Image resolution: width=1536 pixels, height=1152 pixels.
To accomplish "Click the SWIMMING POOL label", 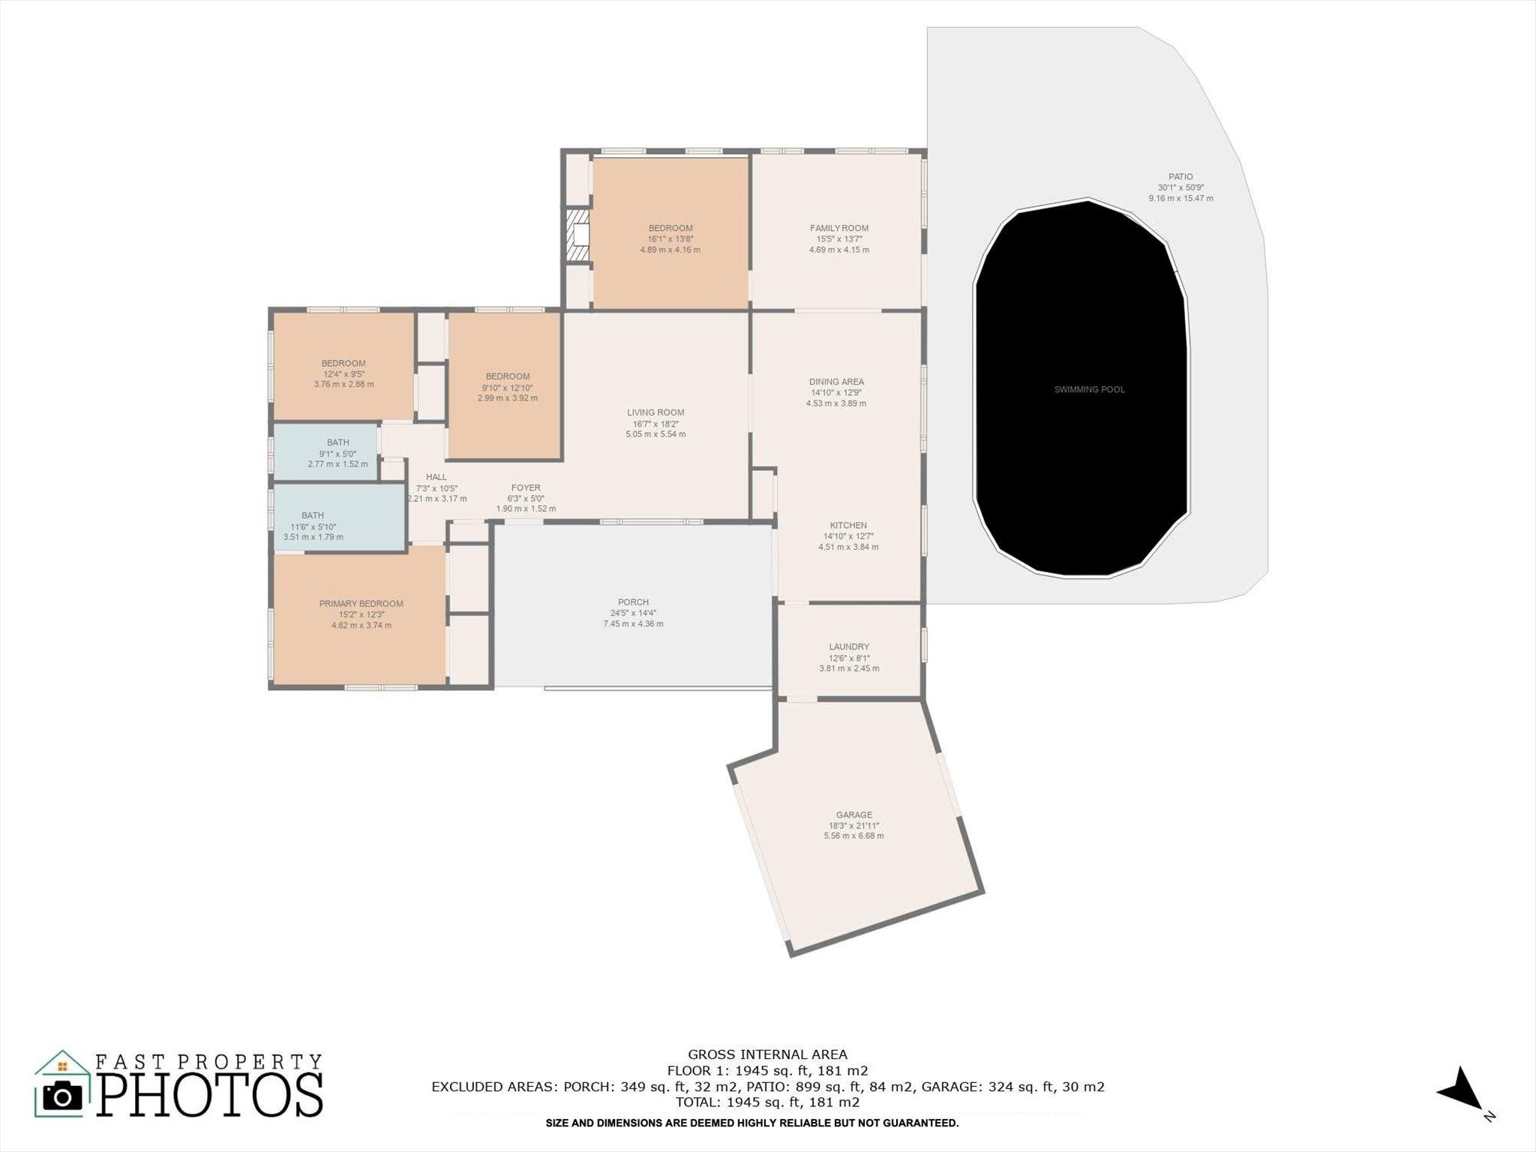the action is (1089, 389).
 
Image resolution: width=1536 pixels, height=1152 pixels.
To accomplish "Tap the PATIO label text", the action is (1180, 177).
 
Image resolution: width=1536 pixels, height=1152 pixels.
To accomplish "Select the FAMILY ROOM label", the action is (839, 228).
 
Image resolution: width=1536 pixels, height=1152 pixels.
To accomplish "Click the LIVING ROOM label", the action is (655, 412).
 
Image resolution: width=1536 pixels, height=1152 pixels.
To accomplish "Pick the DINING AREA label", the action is (836, 382).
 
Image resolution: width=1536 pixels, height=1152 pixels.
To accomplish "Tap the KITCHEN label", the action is (848, 526).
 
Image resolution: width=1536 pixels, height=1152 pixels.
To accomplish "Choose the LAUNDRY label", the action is (849, 646).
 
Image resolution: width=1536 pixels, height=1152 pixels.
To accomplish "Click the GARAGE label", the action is (854, 814).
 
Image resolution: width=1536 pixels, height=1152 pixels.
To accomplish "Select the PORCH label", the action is (634, 602).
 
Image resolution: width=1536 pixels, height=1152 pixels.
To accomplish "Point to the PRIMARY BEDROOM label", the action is (361, 604).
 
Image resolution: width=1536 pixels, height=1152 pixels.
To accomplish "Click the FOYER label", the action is (526, 487).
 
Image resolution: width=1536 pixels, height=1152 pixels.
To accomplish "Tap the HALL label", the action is (436, 477).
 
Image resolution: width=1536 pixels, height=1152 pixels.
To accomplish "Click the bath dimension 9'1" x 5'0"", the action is (337, 454).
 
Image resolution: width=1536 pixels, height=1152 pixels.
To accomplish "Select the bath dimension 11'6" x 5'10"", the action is (313, 526).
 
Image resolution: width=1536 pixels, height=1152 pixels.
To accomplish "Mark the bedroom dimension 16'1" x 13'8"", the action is (670, 239).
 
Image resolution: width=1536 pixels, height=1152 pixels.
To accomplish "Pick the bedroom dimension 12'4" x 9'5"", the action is (343, 374).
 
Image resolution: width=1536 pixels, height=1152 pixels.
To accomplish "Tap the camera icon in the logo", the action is (62, 1096).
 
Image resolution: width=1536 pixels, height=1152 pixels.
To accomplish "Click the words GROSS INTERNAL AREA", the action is (768, 1054).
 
